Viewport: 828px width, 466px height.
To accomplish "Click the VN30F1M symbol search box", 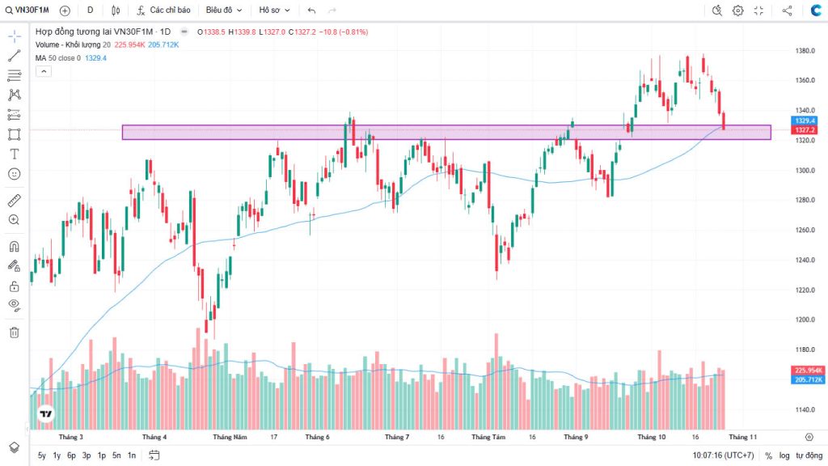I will coord(31,11).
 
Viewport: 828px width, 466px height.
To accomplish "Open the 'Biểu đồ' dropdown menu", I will coord(223,11).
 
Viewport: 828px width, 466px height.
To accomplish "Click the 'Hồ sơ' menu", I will coord(273,11).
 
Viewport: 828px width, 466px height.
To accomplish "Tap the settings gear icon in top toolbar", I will coord(737,11).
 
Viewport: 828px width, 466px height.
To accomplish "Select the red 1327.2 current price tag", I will coord(804,130).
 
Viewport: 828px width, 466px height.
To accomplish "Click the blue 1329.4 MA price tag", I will coord(804,121).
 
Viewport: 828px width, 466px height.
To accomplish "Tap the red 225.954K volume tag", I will coord(809,371).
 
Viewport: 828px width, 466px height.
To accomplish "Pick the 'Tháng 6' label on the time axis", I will coord(317,437).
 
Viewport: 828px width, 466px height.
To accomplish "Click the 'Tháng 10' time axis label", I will coord(651,437).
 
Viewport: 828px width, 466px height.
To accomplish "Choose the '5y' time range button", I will coord(42,455).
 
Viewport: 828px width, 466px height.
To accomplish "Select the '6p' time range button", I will coord(71,455).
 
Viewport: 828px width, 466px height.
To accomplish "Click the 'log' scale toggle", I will coord(784,455).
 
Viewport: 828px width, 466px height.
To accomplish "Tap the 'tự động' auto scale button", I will coord(809,455).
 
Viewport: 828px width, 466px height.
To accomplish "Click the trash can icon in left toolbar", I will coord(14,332).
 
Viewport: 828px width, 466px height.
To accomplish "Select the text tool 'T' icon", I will coord(14,154).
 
